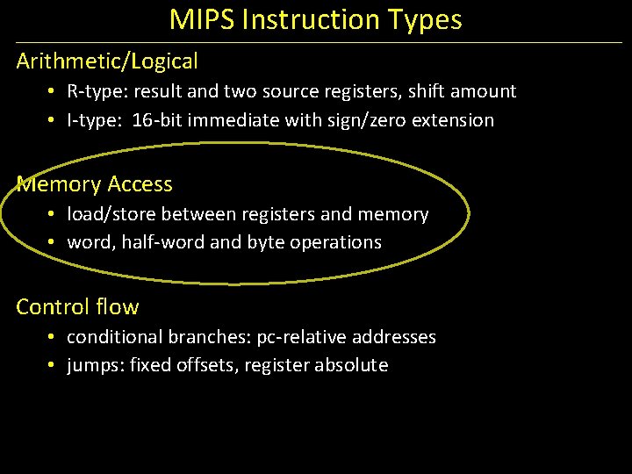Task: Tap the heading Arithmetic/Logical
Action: pyautogui.click(x=107, y=61)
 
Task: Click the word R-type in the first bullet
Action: pyautogui.click(x=96, y=91)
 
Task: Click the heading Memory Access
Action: pyautogui.click(x=95, y=184)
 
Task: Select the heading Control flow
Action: pyautogui.click(x=77, y=307)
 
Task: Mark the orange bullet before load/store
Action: pyautogui.click(x=54, y=214)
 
